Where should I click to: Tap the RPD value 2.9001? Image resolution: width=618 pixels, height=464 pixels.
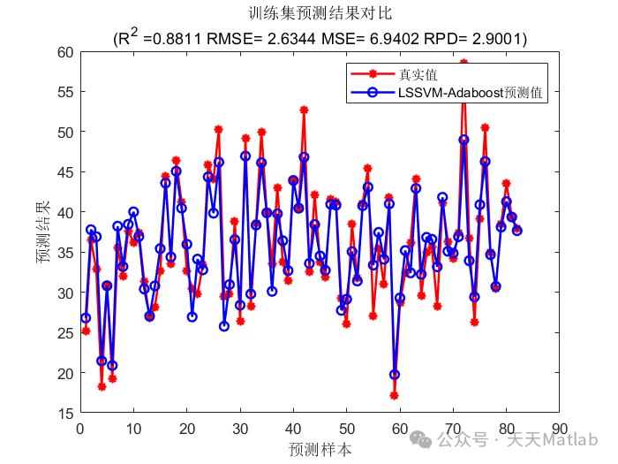point(489,39)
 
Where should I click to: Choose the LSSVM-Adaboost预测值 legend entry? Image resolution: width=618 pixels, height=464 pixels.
point(469,92)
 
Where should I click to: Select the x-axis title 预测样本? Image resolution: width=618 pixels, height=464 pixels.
point(320,449)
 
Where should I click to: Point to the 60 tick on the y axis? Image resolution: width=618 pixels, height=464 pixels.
point(65,51)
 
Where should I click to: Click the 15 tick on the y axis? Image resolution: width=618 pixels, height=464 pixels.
point(65,413)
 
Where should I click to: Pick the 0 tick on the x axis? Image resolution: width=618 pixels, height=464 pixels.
point(80,427)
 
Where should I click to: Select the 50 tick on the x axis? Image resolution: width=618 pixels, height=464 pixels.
point(346,427)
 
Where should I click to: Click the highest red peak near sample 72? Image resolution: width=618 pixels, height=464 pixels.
point(463,63)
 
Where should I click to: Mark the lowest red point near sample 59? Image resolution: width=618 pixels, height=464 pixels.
point(395,395)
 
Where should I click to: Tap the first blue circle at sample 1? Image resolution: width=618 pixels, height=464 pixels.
point(86,317)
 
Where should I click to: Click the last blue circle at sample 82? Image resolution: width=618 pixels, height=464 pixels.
point(517,231)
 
